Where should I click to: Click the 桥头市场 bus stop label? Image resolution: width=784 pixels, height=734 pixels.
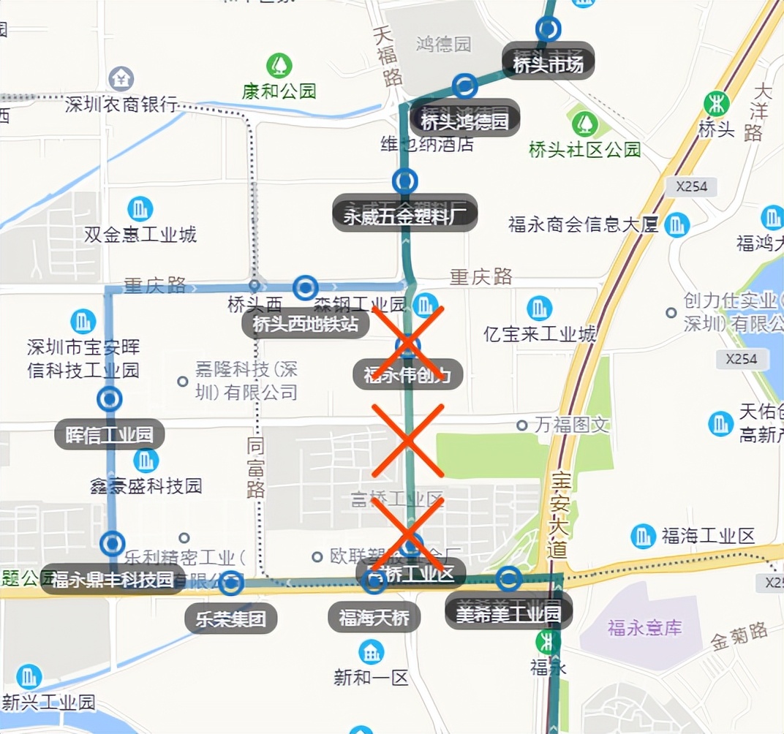click(548, 64)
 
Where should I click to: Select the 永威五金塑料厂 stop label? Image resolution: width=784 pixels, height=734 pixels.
click(404, 214)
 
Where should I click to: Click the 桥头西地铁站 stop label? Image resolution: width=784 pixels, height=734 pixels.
click(306, 323)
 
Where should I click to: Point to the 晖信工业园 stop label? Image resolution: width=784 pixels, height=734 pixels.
click(110, 436)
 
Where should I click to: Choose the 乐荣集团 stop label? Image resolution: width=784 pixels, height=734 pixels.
click(230, 619)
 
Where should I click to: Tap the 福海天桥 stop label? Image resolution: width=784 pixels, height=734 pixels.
click(374, 618)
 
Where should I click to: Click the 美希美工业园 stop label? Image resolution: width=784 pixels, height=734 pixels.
click(508, 613)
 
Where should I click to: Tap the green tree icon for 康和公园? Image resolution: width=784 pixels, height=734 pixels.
click(279, 66)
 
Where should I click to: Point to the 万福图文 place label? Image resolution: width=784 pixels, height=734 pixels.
click(572, 425)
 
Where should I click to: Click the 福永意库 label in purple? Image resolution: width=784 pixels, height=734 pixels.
click(644, 627)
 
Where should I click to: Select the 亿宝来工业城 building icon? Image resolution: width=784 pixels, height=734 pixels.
click(540, 308)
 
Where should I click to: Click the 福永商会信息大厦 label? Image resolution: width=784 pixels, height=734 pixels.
click(584, 224)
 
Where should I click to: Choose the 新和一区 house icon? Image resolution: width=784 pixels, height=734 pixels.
click(371, 652)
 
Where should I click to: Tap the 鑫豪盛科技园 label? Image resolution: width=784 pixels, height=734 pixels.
click(146, 485)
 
